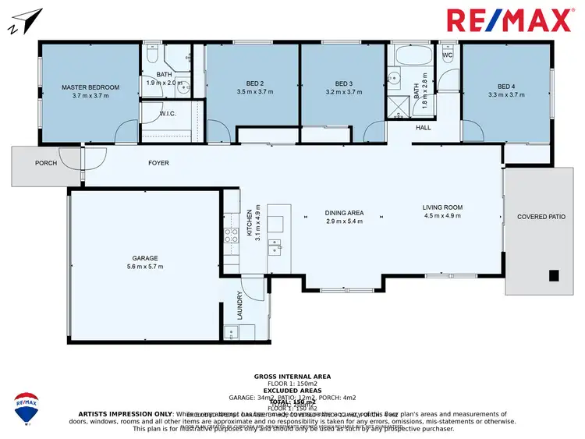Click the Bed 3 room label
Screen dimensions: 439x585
tap(344, 84)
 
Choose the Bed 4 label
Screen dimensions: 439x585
tap(506, 87)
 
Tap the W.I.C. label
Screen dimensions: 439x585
tap(168, 114)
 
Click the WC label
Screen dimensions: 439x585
tap(447, 56)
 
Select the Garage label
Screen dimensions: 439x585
tap(145, 258)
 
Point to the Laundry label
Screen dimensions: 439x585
tap(241, 306)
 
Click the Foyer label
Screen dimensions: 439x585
tap(158, 163)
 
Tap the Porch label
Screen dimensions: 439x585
tap(46, 163)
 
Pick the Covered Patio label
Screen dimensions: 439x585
tap(541, 217)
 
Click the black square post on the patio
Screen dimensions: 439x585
tap(553, 275)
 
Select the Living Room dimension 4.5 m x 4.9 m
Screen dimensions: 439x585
tap(442, 216)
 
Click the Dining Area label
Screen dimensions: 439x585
tap(344, 213)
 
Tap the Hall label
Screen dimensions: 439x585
tap(423, 127)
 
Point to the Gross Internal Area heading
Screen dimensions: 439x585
tap(292, 377)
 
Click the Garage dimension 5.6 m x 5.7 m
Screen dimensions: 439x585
tap(145, 267)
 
